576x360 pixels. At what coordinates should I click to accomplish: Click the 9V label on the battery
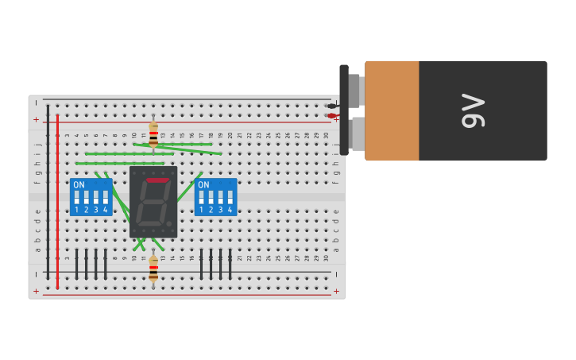tap(473, 110)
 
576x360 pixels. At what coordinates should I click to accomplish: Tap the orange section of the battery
tap(392, 110)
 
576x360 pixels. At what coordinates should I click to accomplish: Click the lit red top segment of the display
tap(157, 180)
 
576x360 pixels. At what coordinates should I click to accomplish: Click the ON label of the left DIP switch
tap(79, 184)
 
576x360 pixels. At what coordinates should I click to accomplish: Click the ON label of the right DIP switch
tap(203, 184)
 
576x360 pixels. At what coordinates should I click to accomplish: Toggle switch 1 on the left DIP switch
tap(77, 197)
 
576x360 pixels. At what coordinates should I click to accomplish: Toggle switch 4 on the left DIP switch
tap(105, 197)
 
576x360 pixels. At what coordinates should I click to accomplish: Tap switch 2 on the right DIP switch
tap(211, 197)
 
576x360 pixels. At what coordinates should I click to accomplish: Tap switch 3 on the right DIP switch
tap(221, 197)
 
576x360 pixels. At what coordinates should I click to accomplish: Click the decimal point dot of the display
tap(169, 224)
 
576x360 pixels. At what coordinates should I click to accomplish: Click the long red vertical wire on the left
tap(57, 199)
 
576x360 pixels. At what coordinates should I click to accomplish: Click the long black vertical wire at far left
tap(48, 199)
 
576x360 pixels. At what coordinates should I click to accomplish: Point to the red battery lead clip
tap(331, 116)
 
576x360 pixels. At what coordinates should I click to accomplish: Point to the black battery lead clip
tap(331, 106)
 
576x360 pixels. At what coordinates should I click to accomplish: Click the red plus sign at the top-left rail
tap(36, 119)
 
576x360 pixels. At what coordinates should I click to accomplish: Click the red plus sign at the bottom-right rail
tap(336, 291)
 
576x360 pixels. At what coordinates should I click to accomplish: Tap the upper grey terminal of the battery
tap(354, 90)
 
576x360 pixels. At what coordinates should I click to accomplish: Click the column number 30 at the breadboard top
tap(326, 136)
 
